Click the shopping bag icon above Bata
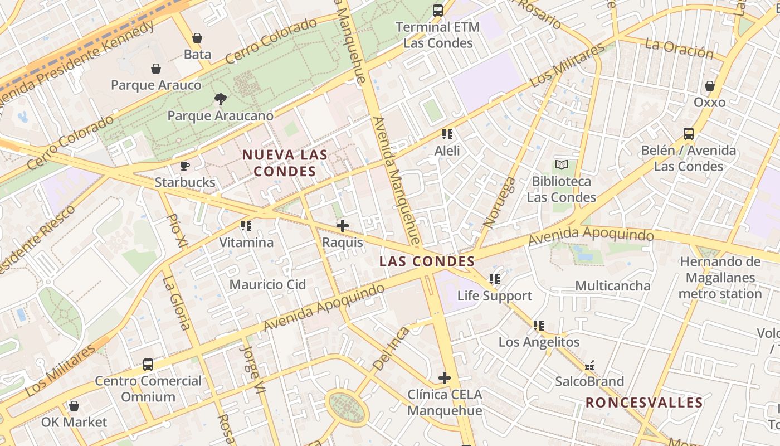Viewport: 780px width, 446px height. (197, 38)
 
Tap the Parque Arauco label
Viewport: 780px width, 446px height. (156, 85)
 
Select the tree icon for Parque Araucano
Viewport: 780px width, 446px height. (221, 99)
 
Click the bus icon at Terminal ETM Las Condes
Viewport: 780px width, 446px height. (438, 10)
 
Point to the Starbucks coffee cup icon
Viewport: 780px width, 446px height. (185, 166)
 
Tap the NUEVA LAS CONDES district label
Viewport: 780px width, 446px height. (285, 163)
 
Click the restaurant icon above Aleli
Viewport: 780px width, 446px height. (447, 134)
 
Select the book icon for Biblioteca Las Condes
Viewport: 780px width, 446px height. (562, 165)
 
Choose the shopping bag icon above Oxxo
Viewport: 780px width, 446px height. (710, 86)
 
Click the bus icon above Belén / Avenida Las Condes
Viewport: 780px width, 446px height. (689, 134)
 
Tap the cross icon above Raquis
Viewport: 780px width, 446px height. (343, 226)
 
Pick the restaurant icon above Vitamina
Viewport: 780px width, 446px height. (246, 226)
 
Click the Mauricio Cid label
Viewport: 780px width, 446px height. (268, 285)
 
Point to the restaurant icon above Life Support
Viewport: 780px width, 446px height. (494, 279)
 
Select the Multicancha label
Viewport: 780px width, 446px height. (613, 286)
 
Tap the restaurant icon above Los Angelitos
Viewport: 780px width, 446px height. (539, 325)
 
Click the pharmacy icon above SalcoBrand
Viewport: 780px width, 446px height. (589, 366)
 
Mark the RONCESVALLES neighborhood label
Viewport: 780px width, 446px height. (644, 403)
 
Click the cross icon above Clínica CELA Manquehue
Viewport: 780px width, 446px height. (445, 378)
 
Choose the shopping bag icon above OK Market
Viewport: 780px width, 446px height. (74, 406)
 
